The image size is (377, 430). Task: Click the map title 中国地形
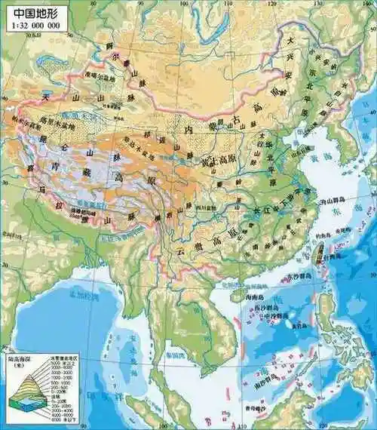[33, 14]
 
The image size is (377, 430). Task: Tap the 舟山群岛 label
[331, 201]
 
